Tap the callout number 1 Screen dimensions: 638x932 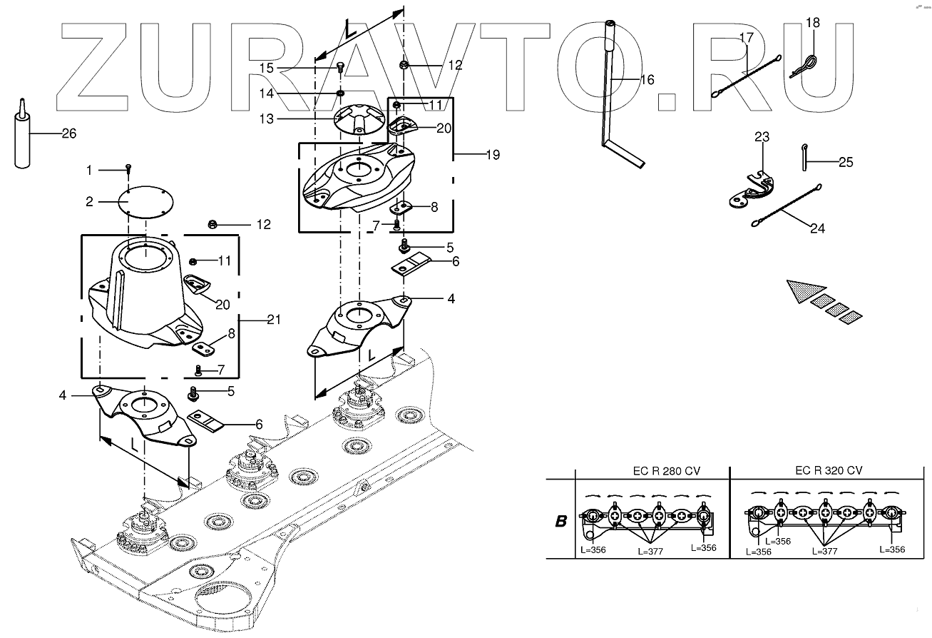pyautogui.click(x=89, y=170)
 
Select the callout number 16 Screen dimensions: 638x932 pyautogui.click(x=647, y=80)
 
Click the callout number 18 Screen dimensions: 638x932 pyautogui.click(x=813, y=23)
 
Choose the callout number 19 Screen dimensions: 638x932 pyautogui.click(x=491, y=154)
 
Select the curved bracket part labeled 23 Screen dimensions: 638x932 pyautogui.click(x=748, y=191)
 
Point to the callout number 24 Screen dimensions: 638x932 pyautogui.click(x=817, y=229)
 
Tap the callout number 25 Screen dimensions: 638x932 pyautogui.click(x=845, y=162)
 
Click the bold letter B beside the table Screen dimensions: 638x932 pyautogui.click(x=560, y=521)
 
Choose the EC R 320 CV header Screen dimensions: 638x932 pyautogui.click(x=829, y=470)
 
